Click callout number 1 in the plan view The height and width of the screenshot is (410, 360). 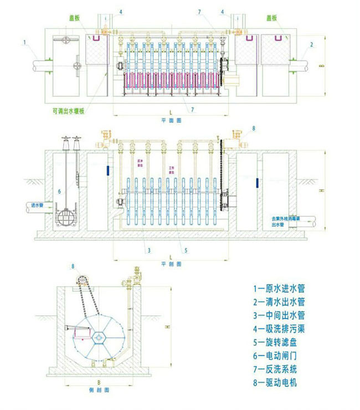(25, 41)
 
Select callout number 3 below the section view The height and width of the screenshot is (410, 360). (149, 250)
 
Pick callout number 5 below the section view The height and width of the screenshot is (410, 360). (186, 250)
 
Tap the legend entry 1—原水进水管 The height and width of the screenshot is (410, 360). (279, 289)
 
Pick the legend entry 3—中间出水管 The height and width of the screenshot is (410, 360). (279, 315)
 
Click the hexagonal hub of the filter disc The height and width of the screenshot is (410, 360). (99, 336)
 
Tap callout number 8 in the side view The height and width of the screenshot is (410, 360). (72, 267)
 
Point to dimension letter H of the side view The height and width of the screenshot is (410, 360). (166, 327)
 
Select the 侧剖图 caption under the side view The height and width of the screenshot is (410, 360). (97, 390)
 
